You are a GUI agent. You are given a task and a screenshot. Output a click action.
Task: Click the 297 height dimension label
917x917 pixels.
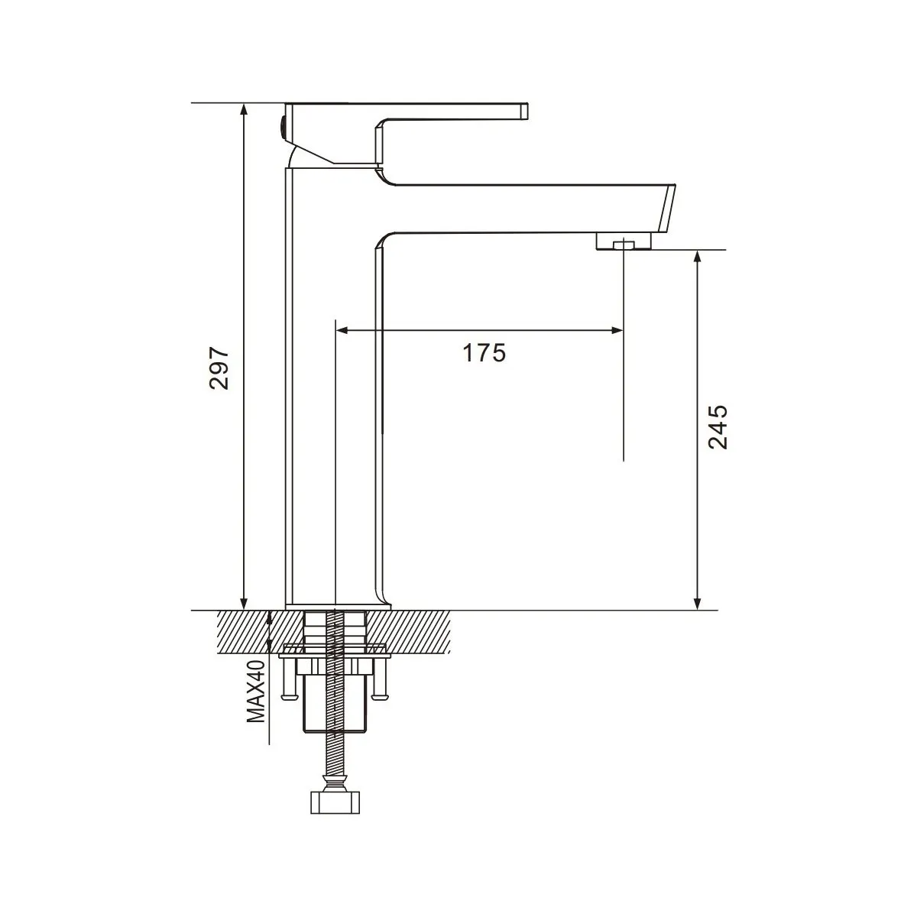[x=220, y=368]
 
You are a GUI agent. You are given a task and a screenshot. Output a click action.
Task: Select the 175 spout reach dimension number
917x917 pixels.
[x=484, y=353]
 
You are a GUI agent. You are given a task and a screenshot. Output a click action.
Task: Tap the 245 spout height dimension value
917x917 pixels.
[x=718, y=426]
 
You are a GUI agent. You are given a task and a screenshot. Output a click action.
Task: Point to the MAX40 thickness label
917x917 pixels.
[x=255, y=692]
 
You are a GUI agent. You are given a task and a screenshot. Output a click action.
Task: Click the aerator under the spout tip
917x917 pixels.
[x=624, y=242]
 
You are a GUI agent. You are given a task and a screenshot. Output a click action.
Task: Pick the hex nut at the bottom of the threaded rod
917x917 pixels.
[x=333, y=802]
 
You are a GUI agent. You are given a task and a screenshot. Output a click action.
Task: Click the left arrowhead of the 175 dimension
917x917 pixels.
[x=342, y=330]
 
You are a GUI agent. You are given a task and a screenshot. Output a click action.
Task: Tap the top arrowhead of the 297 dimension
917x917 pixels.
[x=244, y=109]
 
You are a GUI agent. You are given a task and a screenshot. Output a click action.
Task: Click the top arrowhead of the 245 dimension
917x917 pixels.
[x=696, y=256]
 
